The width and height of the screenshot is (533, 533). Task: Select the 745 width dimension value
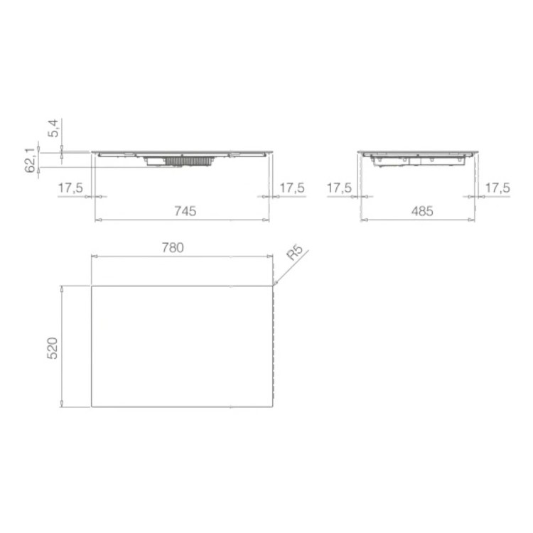coord(183,210)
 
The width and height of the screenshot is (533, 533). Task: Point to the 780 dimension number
coord(173,248)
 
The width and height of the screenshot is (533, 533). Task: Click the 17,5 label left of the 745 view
coord(71,188)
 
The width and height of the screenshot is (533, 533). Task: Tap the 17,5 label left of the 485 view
coord(339,188)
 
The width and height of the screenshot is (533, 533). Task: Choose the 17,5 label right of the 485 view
coord(497,188)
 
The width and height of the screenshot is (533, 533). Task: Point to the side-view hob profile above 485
coord(419,158)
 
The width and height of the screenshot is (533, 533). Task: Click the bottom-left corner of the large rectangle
coord(92,407)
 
